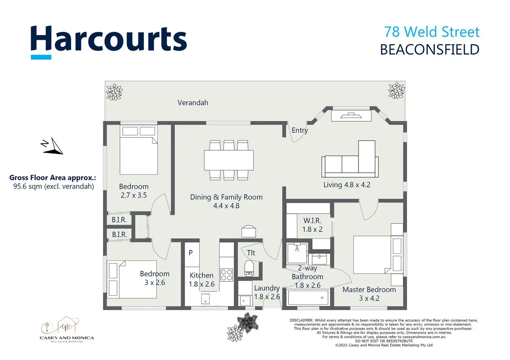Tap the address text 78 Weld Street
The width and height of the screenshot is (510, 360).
[432, 32]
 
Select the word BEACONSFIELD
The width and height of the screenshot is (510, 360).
[430, 49]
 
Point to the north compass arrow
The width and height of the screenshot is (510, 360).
[52, 146]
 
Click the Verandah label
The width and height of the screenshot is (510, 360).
[193, 103]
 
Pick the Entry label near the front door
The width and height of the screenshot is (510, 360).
[300, 130]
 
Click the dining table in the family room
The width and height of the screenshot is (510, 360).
[229, 160]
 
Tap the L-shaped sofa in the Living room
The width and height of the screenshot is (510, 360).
[350, 159]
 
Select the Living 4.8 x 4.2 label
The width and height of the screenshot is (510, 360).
[347, 184]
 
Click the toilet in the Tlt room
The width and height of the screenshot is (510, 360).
[249, 268]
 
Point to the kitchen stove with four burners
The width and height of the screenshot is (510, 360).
[227, 275]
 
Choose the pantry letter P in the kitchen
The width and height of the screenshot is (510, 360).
[191, 253]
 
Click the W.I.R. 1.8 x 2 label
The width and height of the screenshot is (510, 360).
[313, 225]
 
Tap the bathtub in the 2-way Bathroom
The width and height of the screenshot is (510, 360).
[308, 298]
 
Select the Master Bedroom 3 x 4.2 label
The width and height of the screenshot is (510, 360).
[369, 294]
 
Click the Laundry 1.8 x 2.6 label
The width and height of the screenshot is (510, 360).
[267, 292]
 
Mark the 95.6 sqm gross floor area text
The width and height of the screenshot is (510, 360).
[54, 187]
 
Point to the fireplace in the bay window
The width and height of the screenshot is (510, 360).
[351, 116]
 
